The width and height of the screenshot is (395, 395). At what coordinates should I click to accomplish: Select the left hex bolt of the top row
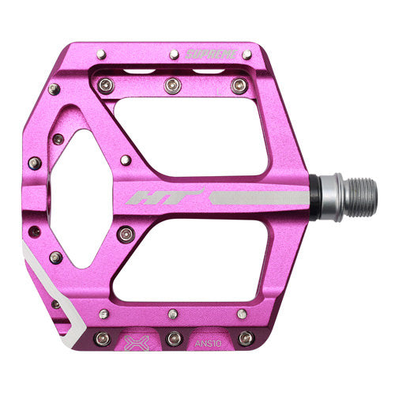coord(107,85)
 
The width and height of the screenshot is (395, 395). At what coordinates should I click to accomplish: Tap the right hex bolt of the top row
coord(237,85)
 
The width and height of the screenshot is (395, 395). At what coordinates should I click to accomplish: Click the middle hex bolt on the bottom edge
coord(174,338)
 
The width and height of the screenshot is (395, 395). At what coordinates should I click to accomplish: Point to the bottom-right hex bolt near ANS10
coord(246,338)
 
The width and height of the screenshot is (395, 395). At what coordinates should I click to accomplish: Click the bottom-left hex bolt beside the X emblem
coord(102,338)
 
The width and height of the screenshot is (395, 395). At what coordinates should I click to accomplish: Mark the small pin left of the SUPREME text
coord(174,55)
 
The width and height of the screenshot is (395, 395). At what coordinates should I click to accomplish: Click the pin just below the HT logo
coord(126,234)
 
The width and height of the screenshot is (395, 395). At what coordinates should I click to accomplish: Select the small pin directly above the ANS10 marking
coord(241,314)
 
